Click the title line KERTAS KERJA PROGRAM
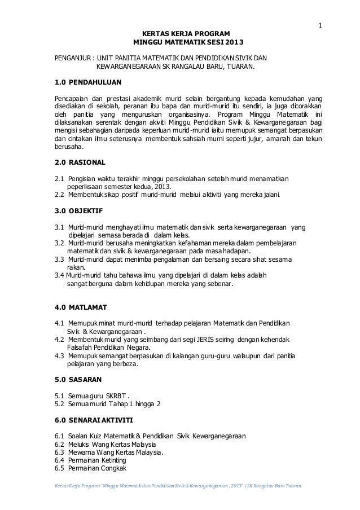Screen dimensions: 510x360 coord(186,34)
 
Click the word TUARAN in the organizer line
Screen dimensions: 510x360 coord(239,68)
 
